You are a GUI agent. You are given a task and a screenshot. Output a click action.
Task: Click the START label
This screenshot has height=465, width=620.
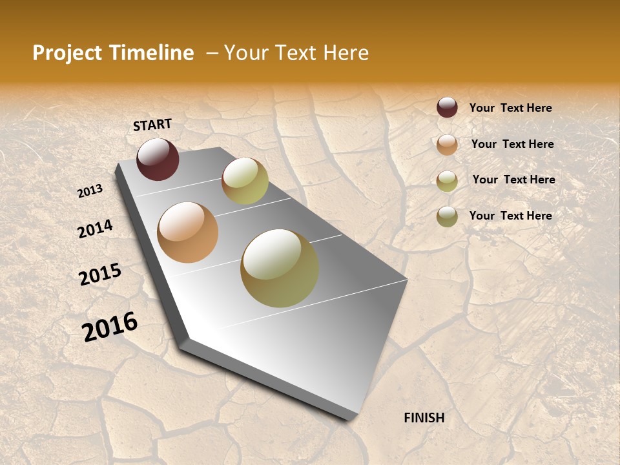click(152, 125)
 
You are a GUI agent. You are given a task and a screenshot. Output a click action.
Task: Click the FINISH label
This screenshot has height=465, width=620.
click(424, 418)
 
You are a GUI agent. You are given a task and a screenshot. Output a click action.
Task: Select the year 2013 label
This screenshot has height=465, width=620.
click(90, 191)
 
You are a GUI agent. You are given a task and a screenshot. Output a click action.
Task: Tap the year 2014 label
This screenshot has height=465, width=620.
click(96, 229)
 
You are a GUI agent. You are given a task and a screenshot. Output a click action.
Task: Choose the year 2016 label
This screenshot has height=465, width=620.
click(110, 326)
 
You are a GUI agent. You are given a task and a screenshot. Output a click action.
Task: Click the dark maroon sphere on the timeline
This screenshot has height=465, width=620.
click(158, 159)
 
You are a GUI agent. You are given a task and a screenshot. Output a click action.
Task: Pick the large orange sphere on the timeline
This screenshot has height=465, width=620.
click(188, 232)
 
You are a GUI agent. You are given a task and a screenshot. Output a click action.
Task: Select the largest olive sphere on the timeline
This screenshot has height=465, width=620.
click(280, 268)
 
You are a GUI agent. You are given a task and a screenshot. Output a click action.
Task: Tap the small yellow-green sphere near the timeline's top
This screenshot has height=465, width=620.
click(245, 181)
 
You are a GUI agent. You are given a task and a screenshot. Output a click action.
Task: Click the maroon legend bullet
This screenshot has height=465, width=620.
click(447, 108)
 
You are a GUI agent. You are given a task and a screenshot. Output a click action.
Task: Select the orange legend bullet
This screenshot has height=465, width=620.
click(447, 144)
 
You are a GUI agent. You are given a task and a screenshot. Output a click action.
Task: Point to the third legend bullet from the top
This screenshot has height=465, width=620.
click(447, 180)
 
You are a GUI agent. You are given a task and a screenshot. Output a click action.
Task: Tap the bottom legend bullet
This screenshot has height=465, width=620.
click(447, 216)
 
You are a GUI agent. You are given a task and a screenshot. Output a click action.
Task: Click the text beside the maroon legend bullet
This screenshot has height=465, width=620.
click(510, 108)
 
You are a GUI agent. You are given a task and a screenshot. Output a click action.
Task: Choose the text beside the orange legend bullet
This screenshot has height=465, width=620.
click(512, 144)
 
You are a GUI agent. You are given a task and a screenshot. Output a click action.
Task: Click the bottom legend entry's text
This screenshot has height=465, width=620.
click(510, 216)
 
